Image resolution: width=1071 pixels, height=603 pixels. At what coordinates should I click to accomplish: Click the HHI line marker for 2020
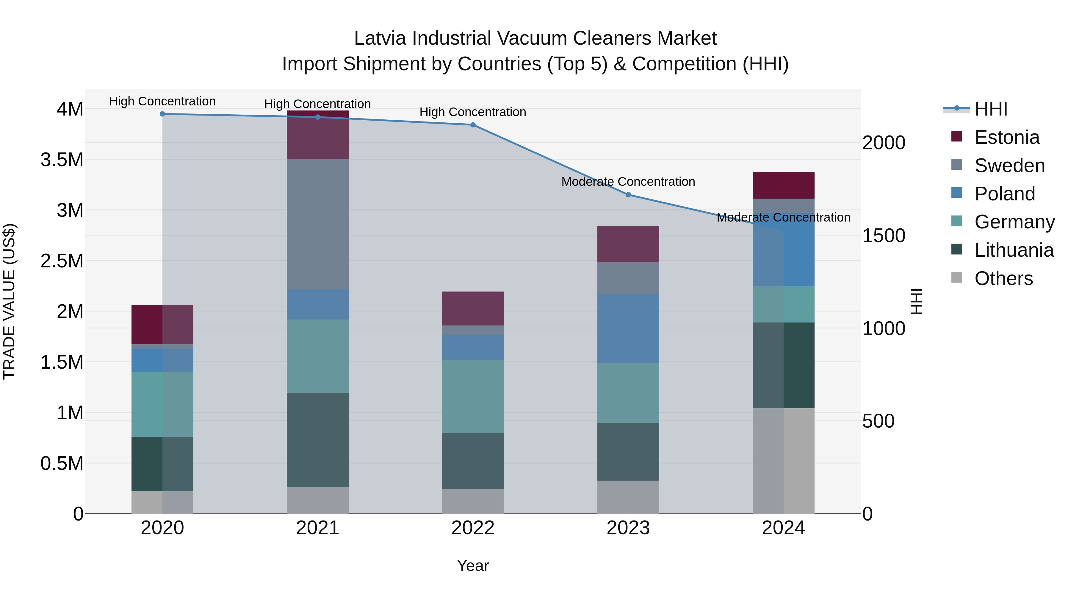point(162,114)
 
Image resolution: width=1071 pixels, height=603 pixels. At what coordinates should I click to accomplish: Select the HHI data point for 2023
point(628,195)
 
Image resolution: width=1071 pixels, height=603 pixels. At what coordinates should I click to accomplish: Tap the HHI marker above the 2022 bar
point(473,125)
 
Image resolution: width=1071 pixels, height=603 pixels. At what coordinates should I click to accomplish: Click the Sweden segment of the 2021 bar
point(318,224)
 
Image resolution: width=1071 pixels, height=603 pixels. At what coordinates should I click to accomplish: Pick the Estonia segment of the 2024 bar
point(783,185)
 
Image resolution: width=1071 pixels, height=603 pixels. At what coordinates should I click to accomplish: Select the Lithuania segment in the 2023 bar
point(628,452)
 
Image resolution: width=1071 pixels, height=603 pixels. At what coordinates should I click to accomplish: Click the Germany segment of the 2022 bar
point(473,397)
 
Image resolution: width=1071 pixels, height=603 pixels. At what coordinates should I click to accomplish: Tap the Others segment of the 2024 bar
point(783,461)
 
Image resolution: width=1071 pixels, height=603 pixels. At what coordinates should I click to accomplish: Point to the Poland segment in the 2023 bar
point(628,328)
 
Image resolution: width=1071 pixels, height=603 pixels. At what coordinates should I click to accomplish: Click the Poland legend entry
point(1004,194)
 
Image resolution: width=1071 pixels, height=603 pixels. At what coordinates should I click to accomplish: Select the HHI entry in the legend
point(990,109)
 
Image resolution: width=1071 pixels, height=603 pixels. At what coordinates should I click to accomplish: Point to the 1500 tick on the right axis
point(884,236)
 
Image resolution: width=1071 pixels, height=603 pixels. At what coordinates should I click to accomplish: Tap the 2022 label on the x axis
point(473,528)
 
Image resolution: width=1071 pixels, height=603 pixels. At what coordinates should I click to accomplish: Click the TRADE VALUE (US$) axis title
point(9,301)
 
